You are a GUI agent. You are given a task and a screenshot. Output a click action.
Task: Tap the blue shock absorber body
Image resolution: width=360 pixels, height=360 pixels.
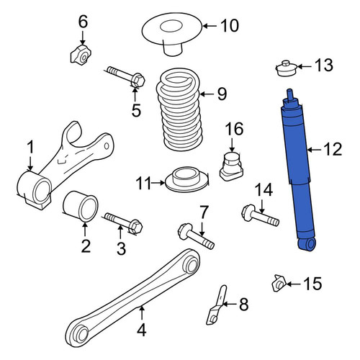pyautogui.click(x=298, y=168)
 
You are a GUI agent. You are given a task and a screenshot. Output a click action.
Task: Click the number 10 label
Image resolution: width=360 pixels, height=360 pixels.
pyautogui.click(x=230, y=26)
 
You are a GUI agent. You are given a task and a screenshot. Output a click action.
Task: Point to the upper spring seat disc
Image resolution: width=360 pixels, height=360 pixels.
pyautogui.click(x=172, y=34)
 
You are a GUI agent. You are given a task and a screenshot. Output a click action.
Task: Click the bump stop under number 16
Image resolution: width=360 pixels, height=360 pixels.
pyautogui.click(x=231, y=166)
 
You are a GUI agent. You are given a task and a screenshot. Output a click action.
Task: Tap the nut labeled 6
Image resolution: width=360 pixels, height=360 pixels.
pyautogui.click(x=81, y=55)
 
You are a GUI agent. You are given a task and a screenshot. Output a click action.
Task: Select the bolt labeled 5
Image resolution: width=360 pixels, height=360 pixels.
pyautogui.click(x=126, y=76)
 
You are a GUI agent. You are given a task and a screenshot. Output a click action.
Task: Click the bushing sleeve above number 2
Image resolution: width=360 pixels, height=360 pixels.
pyautogui.click(x=80, y=206)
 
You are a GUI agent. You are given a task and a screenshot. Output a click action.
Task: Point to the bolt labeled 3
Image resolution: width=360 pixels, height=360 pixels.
pyautogui.click(x=124, y=222)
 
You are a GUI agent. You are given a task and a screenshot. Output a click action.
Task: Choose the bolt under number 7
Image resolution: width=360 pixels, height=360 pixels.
pyautogui.click(x=196, y=235)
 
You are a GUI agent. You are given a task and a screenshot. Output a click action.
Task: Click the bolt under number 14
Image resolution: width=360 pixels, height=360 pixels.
pyautogui.click(x=261, y=215)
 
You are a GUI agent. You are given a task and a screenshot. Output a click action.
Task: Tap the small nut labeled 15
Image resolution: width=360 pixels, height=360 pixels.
pyautogui.click(x=279, y=283)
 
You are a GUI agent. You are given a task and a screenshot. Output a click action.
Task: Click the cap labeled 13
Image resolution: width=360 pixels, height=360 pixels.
pyautogui.click(x=287, y=68)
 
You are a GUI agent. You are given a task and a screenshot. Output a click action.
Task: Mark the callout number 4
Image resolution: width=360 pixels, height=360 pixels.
pyautogui.click(x=142, y=330)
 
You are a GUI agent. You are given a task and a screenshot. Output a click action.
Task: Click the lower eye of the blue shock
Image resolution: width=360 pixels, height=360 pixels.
pyautogui.click(x=307, y=244)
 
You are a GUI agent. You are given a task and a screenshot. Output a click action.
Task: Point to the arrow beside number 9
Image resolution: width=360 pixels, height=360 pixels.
pyautogui.click(x=207, y=94)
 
